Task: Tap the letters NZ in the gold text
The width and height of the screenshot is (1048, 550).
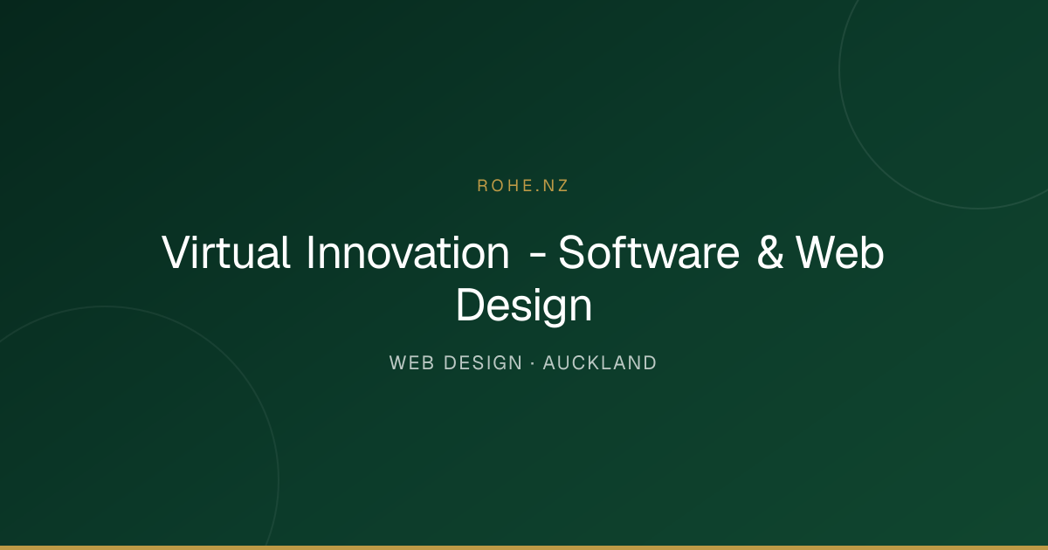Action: click(x=555, y=186)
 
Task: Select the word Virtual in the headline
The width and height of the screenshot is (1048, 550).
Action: click(x=226, y=252)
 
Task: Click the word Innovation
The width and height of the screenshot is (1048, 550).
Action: click(x=408, y=252)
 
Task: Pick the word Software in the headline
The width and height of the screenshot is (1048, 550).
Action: click(x=649, y=252)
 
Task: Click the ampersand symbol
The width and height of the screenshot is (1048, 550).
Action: click(x=770, y=252)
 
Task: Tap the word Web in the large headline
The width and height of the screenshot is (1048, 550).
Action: click(x=840, y=252)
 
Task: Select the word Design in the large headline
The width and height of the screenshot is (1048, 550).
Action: click(x=524, y=306)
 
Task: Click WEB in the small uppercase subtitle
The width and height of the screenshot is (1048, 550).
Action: click(x=411, y=363)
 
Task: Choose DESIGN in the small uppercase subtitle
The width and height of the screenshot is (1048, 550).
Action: click(x=482, y=363)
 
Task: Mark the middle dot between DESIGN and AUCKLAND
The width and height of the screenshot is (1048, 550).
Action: click(x=533, y=363)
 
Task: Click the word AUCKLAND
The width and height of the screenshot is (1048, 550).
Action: click(x=600, y=363)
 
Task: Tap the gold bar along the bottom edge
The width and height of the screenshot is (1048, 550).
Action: click(x=524, y=547)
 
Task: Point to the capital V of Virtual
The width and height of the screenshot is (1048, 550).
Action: click(x=179, y=252)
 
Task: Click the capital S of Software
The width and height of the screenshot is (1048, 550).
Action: click(x=572, y=252)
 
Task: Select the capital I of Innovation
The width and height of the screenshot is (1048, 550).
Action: click(x=310, y=252)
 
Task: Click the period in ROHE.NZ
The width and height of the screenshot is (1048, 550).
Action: click(x=538, y=191)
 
